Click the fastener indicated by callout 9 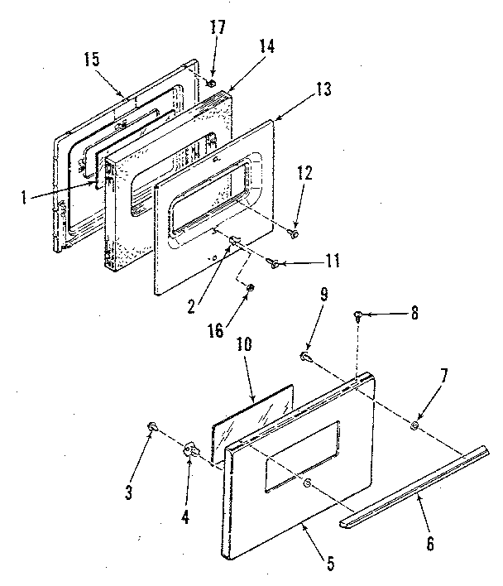(306, 356)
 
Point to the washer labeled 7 (414, 426)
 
